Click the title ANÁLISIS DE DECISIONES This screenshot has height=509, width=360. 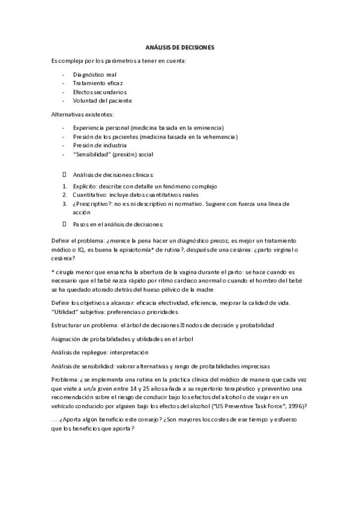click(x=180, y=46)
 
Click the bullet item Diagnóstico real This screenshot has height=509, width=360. click(x=91, y=74)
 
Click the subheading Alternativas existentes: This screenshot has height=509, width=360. click(x=83, y=114)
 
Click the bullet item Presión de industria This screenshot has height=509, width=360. click(x=100, y=145)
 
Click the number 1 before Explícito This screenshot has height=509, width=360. click(x=64, y=187)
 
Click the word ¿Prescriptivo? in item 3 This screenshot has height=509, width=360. click(x=91, y=204)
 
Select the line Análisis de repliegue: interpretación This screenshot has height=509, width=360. click(x=100, y=352)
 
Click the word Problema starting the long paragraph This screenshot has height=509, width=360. click(x=65, y=379)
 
